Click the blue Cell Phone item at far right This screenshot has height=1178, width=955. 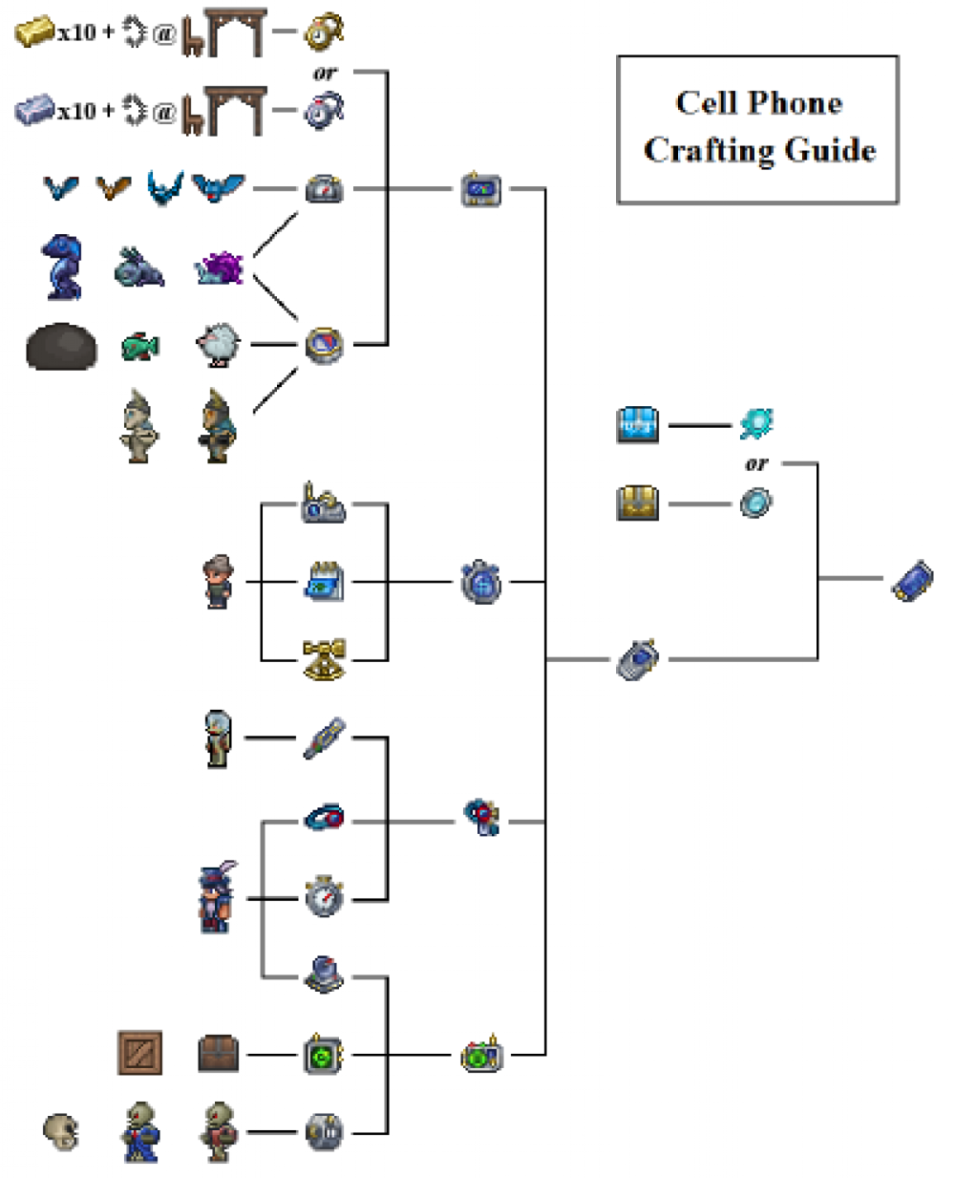click(911, 581)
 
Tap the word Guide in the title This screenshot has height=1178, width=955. click(829, 150)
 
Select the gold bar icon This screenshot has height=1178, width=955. click(34, 32)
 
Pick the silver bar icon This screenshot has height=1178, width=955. click(34, 111)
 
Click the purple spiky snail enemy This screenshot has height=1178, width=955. click(219, 268)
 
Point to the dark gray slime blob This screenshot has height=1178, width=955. click(61, 346)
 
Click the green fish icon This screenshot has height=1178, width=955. click(140, 346)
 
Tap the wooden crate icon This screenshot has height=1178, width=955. click(139, 1053)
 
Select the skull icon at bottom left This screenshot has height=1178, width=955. click(62, 1132)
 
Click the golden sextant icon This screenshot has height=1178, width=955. click(324, 659)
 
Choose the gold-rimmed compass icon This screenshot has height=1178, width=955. click(324, 345)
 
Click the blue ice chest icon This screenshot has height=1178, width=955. click(637, 424)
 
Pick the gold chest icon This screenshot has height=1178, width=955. click(637, 503)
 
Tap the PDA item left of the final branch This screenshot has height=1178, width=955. click(637, 659)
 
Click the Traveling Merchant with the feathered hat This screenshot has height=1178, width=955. click(217, 897)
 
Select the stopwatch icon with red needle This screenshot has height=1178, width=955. click(324, 897)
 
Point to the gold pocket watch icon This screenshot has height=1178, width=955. click(323, 32)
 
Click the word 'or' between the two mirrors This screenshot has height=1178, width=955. click(755, 464)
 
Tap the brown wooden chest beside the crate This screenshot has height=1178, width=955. click(218, 1054)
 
